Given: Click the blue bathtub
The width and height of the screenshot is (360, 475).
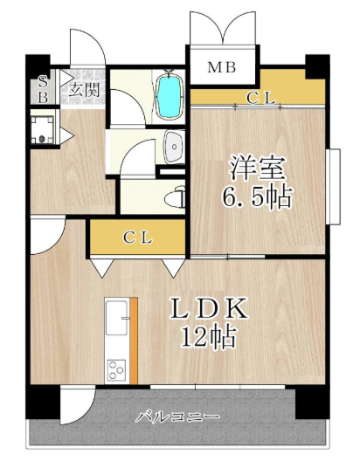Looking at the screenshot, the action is tap(170, 95).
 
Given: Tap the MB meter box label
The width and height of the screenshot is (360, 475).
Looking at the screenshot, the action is tap(222, 67).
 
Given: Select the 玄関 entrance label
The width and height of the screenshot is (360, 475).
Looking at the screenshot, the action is tap(84, 89).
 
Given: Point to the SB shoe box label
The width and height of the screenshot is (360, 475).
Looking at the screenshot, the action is tap(44, 89).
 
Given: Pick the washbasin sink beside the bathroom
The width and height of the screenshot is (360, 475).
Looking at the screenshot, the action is tap(174, 148).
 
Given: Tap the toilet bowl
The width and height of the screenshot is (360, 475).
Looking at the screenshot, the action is tap(176, 198).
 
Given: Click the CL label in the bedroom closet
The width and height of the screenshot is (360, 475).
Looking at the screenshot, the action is tap(260, 98).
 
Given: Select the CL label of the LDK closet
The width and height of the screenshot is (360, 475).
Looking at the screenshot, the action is tap(137, 237).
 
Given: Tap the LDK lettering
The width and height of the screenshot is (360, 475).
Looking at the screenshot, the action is tap(209, 308).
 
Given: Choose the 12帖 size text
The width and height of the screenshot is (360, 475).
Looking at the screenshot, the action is tap(208, 335).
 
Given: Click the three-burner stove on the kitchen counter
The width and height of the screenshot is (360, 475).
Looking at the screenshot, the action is tap(117, 369).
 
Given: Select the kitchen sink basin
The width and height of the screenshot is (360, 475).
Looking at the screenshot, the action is tap(116, 319).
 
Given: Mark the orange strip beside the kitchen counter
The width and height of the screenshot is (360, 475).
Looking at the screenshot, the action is tap(134, 341).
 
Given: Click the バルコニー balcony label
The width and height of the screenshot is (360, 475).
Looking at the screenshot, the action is tap(177, 416).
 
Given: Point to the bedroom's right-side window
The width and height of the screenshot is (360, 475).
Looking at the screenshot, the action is tap(335, 186).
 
